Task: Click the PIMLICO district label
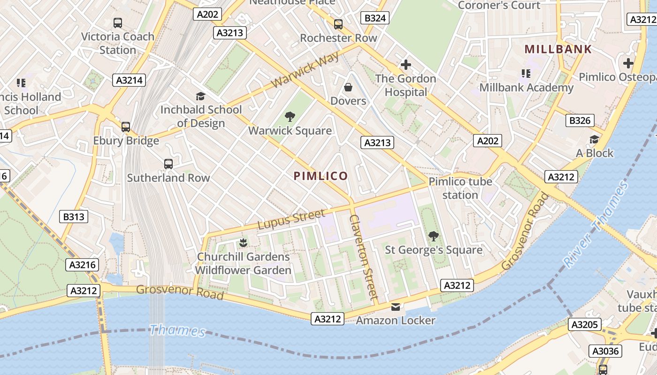tap(321, 176)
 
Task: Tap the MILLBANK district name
tap(558, 49)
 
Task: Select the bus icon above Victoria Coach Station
tap(118, 22)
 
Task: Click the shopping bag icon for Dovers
tap(348, 87)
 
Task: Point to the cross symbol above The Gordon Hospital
tap(406, 65)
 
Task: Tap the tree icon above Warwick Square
tap(290, 117)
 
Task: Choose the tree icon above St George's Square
tap(434, 236)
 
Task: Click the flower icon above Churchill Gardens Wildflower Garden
tap(243, 243)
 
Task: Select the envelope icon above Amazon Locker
tap(396, 307)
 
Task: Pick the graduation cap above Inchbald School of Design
tap(201, 96)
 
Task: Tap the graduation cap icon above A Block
tap(594, 140)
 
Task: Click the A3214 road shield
tap(129, 80)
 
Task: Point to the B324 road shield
tap(375, 18)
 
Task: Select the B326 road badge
tap(580, 120)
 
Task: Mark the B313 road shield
tap(74, 217)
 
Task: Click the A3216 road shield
tap(83, 265)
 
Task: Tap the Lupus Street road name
tap(291, 219)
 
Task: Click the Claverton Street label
tap(364, 257)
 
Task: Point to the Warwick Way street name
tap(305, 70)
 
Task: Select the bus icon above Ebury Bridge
tap(126, 127)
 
